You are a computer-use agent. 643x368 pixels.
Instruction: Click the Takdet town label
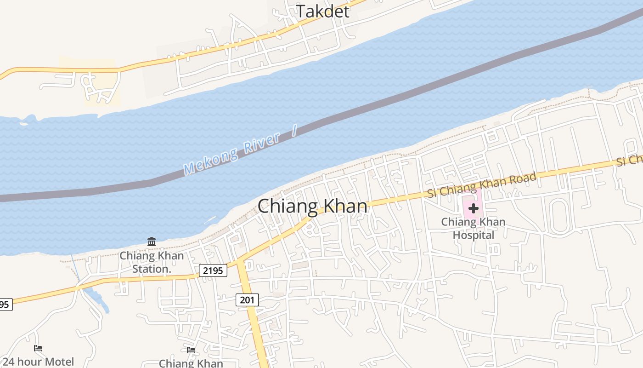point(322,11)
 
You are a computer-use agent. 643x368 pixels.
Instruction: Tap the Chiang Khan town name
point(312,206)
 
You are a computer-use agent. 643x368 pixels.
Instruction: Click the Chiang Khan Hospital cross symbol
point(473,208)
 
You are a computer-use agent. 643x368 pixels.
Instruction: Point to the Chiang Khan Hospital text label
point(473,228)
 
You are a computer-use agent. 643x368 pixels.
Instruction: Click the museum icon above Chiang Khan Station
point(152,241)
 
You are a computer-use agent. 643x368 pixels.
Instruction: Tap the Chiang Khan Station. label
point(152,262)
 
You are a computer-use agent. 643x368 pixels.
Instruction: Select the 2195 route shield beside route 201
point(214,270)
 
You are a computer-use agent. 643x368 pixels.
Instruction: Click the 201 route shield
point(247,300)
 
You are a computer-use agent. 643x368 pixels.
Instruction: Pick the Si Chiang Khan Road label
point(482,185)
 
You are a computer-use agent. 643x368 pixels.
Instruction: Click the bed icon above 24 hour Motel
point(38,348)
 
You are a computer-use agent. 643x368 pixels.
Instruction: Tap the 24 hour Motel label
point(38,362)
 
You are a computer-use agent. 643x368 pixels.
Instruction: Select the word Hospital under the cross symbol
point(473,235)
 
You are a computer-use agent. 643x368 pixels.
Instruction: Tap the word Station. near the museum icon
point(152,269)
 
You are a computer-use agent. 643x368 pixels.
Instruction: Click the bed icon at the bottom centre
point(191,350)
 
